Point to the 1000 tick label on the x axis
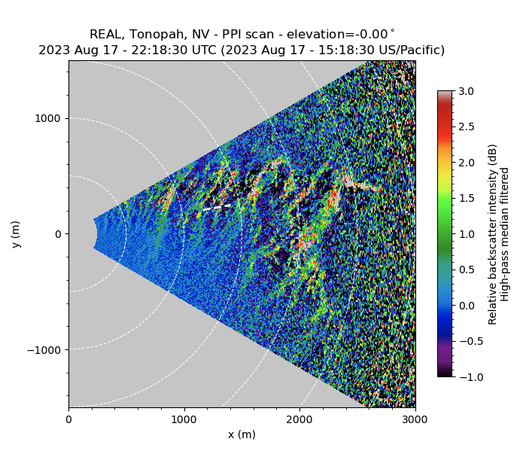point(184,419)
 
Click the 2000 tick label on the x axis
point(299,419)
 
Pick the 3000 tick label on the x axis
point(415,419)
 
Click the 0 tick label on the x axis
point(68,419)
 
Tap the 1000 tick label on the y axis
point(48,119)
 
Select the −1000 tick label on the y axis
point(44,349)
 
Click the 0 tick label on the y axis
point(58,234)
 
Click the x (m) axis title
point(242,434)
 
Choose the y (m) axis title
point(17,234)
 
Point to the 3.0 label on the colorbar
point(467,91)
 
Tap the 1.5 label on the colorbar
point(467,198)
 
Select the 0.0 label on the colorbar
point(467,305)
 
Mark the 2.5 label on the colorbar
point(467,126)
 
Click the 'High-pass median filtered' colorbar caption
point(505,234)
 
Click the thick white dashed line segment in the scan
point(217,206)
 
